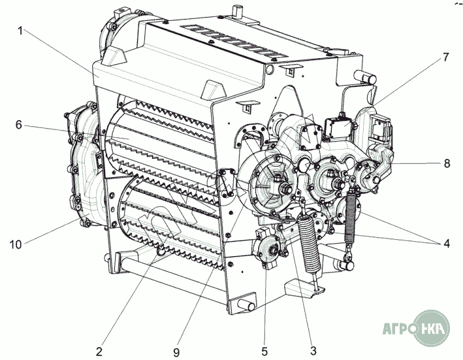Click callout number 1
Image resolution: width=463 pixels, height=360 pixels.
click(20, 31)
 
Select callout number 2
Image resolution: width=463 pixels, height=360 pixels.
click(99, 352)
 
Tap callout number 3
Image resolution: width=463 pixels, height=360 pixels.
click(313, 351)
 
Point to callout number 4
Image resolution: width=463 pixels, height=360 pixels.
click(446, 244)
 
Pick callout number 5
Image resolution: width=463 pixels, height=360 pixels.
click(264, 352)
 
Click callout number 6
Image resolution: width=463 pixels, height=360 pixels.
click(19, 125)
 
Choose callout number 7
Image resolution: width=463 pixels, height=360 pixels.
click(445, 57)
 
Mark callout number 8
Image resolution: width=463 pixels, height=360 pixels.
click(447, 163)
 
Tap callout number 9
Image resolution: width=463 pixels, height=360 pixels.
click(176, 352)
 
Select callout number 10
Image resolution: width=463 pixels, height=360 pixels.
click(16, 244)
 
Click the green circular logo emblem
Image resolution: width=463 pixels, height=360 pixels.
click(432, 328)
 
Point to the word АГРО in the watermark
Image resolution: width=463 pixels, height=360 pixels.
click(398, 329)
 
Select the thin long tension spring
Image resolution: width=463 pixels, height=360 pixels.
click(350, 217)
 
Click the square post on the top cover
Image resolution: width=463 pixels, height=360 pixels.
click(238, 12)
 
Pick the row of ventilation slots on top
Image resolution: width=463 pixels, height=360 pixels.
click(234, 41)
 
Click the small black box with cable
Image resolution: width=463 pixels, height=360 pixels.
click(338, 127)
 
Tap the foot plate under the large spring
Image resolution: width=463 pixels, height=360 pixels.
click(304, 287)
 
